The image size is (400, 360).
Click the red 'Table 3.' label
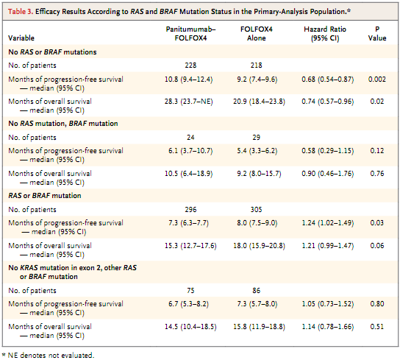point(21,12)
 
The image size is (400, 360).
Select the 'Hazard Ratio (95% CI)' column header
point(325,33)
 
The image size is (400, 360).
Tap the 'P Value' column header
point(377,33)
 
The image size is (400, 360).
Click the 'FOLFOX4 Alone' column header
point(257,33)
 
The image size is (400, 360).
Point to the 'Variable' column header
point(21,38)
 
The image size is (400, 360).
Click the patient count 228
point(190,66)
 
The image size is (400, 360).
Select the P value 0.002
point(377,80)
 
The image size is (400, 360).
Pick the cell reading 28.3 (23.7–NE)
point(188,102)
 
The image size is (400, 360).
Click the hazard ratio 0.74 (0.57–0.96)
point(328,102)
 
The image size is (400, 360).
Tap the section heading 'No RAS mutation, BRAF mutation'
point(63,124)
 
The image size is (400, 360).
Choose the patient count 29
point(257,138)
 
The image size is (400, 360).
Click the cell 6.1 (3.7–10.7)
point(190,151)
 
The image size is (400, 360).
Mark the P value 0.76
point(377,174)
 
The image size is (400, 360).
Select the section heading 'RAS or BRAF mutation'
point(45,196)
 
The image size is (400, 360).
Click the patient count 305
point(257,210)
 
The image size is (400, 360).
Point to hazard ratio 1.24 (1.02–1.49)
point(328,223)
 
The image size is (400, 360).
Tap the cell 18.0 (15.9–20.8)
point(259,246)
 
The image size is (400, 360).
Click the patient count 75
point(190,291)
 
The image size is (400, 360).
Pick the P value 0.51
point(377,327)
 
